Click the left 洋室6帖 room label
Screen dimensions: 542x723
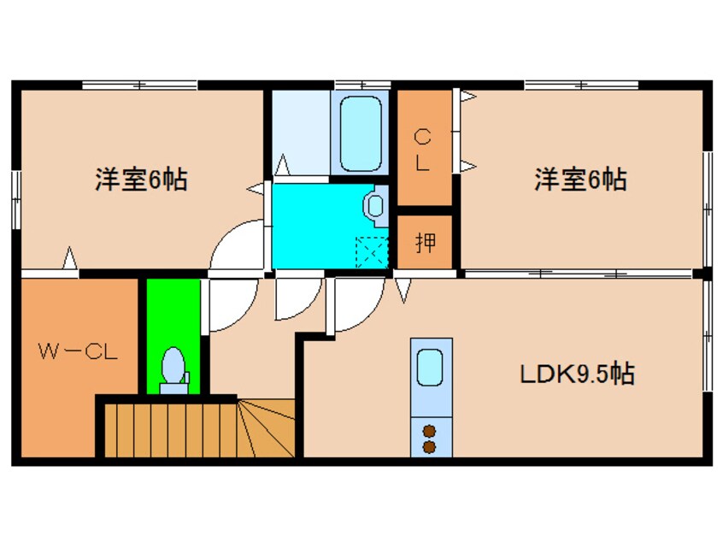tap(141, 180)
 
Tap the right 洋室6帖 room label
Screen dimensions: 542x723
tap(580, 180)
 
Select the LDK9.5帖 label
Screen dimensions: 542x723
tap(578, 374)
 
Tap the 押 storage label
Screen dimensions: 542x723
tap(425, 244)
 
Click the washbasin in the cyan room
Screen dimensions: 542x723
tap(374, 206)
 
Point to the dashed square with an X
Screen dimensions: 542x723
tap(371, 251)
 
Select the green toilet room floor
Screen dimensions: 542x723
tap(173, 316)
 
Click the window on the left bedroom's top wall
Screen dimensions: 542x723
tap(139, 85)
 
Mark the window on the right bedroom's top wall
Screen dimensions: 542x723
tap(581, 85)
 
